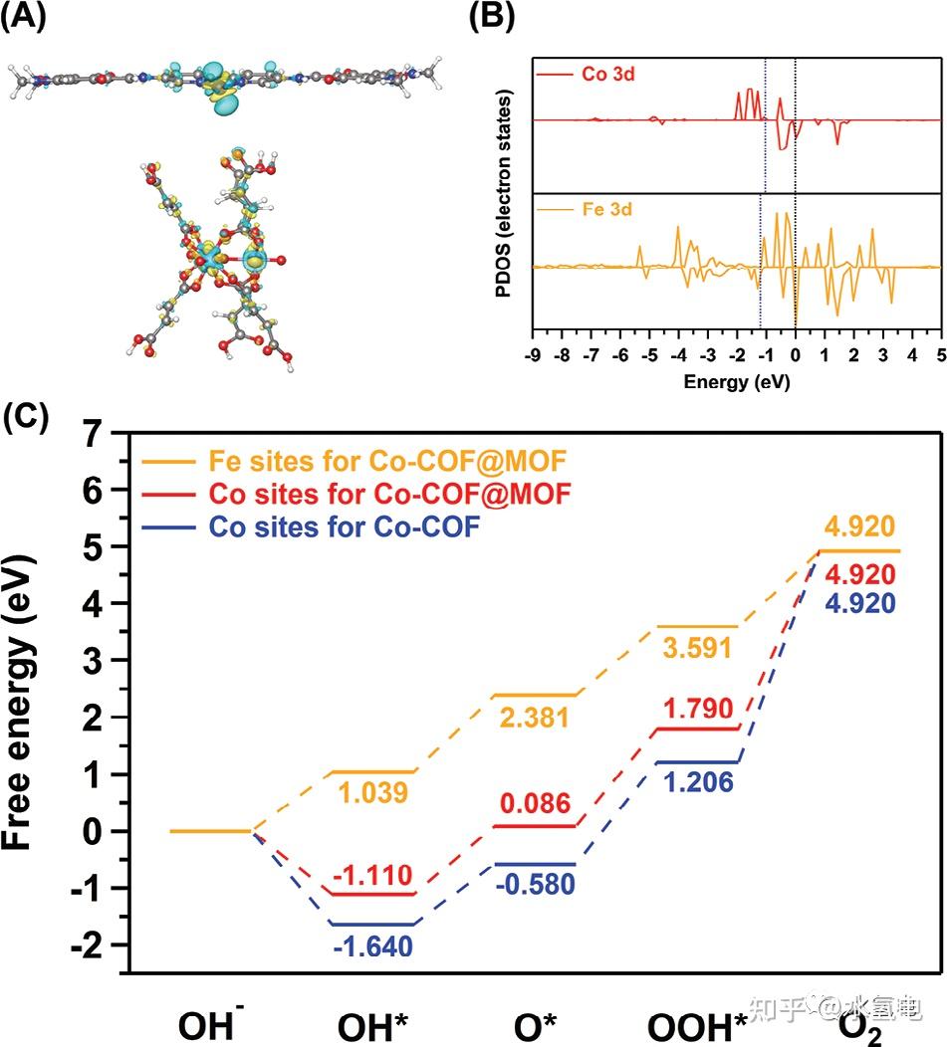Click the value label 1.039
click(x=370, y=793)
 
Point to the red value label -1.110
click(x=370, y=876)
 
